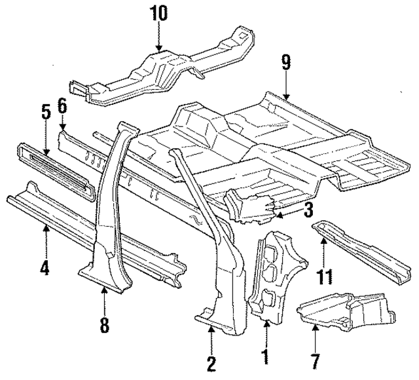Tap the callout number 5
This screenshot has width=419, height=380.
point(45,111)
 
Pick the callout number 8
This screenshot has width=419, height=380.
point(105,324)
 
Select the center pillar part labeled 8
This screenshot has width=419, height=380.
point(111,216)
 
